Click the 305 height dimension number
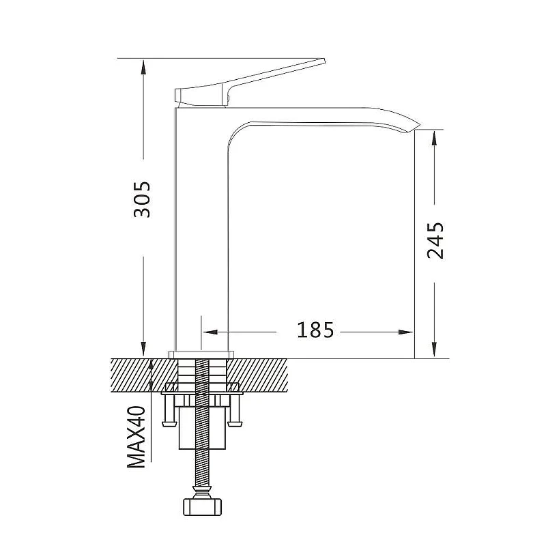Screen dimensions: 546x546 (x=142, y=199)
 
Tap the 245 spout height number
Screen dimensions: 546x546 (x=435, y=241)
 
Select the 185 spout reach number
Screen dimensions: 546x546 (x=315, y=330)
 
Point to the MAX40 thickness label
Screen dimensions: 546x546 (x=136, y=437)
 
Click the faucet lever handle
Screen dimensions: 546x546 (x=249, y=83)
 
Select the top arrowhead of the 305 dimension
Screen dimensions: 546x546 (x=143, y=67)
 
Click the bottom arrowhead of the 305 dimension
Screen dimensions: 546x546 (x=143, y=349)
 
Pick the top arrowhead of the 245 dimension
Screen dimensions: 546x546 (x=434, y=139)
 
